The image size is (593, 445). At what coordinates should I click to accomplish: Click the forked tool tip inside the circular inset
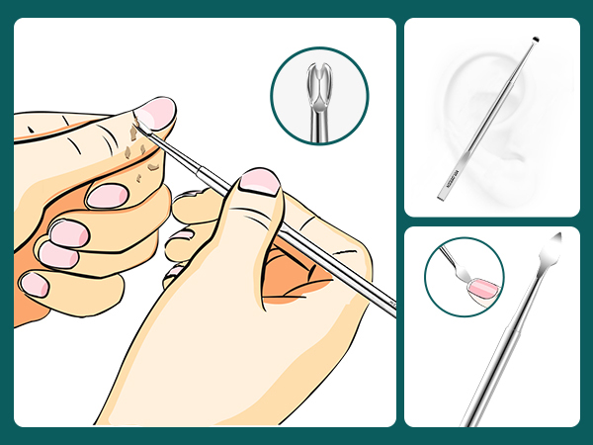(x=318, y=80)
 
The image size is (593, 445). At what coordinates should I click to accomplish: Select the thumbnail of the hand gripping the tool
(x=260, y=181)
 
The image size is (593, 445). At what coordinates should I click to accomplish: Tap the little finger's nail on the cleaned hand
(x=36, y=285)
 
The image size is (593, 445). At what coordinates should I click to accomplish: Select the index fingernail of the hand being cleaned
(x=105, y=195)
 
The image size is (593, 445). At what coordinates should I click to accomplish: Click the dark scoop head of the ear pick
(x=535, y=42)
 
